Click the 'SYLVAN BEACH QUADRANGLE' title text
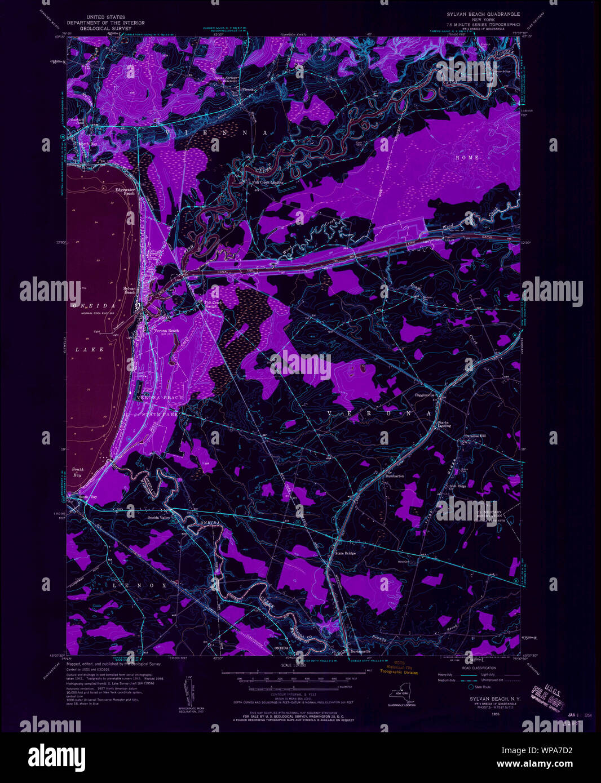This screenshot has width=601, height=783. tap(483, 14)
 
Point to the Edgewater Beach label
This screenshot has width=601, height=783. tap(125, 191)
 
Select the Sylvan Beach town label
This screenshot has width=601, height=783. tap(130, 291)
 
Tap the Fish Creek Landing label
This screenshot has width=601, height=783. tap(268, 183)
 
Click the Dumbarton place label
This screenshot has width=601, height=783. tap(395, 476)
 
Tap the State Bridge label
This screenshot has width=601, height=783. tap(346, 553)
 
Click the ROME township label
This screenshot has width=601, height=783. tap(471, 157)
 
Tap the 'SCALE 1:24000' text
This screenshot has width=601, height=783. tap(297, 666)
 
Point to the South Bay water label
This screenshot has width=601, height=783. tap(78, 472)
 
